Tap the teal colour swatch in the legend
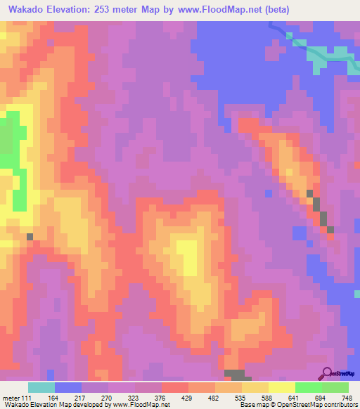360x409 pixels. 41,387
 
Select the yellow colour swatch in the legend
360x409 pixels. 281,387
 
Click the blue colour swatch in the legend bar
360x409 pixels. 68,387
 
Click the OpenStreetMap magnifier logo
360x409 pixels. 327,373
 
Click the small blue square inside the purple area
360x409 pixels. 268,193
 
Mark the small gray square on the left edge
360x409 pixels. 30,237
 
